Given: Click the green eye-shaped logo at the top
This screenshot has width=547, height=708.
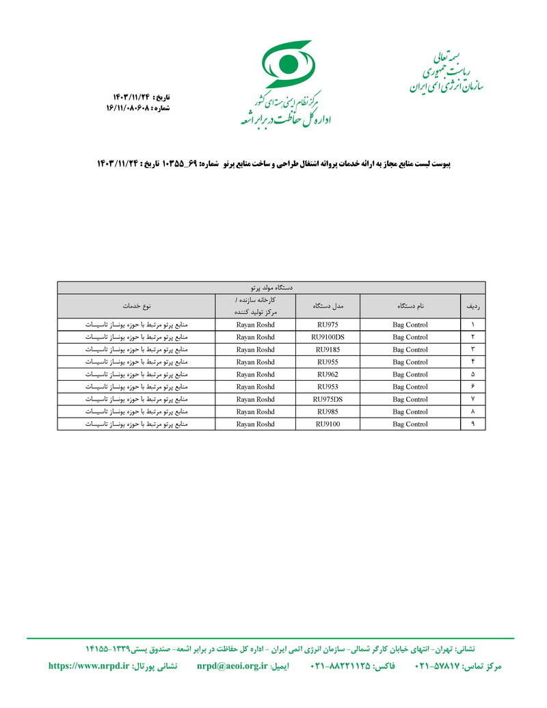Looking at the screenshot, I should point(288,64).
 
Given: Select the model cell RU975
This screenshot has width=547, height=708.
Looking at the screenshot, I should point(328,325).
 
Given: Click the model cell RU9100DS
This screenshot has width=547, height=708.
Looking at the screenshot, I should point(328,337).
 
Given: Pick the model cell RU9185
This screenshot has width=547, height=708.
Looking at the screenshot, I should point(328,349).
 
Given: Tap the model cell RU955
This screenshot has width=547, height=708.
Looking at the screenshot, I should point(328,362).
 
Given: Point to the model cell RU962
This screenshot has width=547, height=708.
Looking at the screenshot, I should point(328,375).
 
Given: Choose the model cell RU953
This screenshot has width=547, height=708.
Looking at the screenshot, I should point(328,387).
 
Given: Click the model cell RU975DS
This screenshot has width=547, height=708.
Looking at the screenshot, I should point(328,399).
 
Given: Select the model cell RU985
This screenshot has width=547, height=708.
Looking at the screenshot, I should point(328,411).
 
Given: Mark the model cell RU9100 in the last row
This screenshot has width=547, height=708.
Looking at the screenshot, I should point(328,424).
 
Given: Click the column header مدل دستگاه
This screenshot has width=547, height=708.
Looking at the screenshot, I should point(328,305).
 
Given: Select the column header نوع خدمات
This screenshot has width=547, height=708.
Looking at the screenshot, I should point(137,305).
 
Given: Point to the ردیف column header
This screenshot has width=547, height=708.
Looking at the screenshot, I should point(472,305).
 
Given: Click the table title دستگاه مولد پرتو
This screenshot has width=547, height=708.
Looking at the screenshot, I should point(271,288).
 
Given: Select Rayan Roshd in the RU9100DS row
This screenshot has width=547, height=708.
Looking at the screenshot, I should point(255,337).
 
